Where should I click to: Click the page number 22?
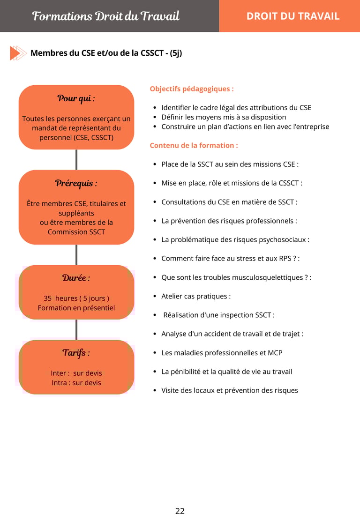(x=180, y=511)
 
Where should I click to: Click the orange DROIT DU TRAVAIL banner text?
(x=293, y=16)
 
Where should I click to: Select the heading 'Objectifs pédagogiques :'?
(x=192, y=89)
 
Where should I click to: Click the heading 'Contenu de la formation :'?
(x=194, y=145)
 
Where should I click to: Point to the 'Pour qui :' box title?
(x=76, y=98)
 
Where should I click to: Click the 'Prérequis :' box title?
(x=76, y=183)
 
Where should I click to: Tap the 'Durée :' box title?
(x=76, y=278)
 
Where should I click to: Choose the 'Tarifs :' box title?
(x=76, y=352)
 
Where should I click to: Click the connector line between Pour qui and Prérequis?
(x=76, y=160)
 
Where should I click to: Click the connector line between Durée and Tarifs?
(x=76, y=329)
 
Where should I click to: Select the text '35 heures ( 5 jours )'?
(x=76, y=298)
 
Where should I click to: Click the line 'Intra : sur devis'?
(x=76, y=383)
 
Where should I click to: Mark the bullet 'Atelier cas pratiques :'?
(x=196, y=296)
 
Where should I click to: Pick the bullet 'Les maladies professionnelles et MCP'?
(x=222, y=352)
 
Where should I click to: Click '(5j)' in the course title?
(x=176, y=53)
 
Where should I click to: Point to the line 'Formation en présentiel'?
(x=76, y=308)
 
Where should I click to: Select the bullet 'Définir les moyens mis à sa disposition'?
(x=224, y=117)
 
